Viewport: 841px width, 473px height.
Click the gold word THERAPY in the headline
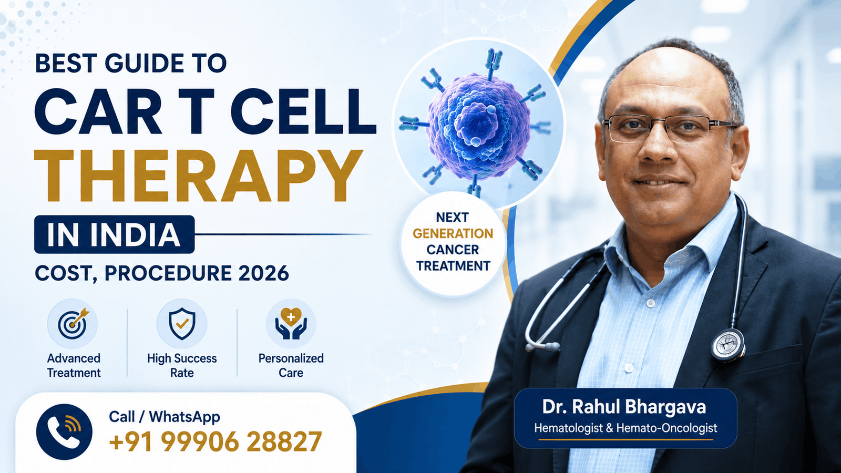198,176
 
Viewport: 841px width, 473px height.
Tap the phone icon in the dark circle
64,431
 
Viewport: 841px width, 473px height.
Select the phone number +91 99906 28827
215,441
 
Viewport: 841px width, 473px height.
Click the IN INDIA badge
114,234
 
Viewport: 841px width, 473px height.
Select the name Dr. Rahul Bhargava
624,407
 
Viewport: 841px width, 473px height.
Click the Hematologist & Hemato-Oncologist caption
625,428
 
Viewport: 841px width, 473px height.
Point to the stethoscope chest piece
728,345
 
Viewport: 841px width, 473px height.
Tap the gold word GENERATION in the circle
453,233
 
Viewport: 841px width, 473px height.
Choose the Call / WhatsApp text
165,417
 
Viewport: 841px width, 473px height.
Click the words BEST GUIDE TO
131,63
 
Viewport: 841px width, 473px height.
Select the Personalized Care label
291,365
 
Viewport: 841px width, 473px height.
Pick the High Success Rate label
182,365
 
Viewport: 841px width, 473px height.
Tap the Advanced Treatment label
74,365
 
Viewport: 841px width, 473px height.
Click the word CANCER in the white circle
453,250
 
